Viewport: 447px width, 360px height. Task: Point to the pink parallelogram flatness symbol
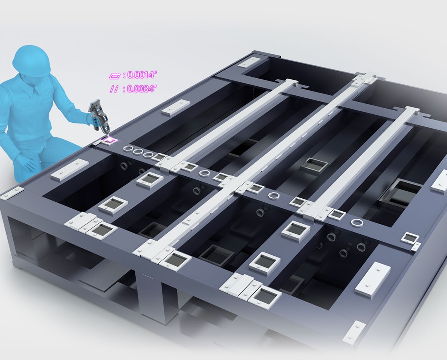115,76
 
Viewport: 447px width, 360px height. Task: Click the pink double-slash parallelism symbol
114,89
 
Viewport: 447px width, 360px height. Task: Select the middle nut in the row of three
137,151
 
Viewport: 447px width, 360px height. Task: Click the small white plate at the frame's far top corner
248,63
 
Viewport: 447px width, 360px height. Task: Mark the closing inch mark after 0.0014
155,72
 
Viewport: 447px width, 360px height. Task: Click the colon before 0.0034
124,89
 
